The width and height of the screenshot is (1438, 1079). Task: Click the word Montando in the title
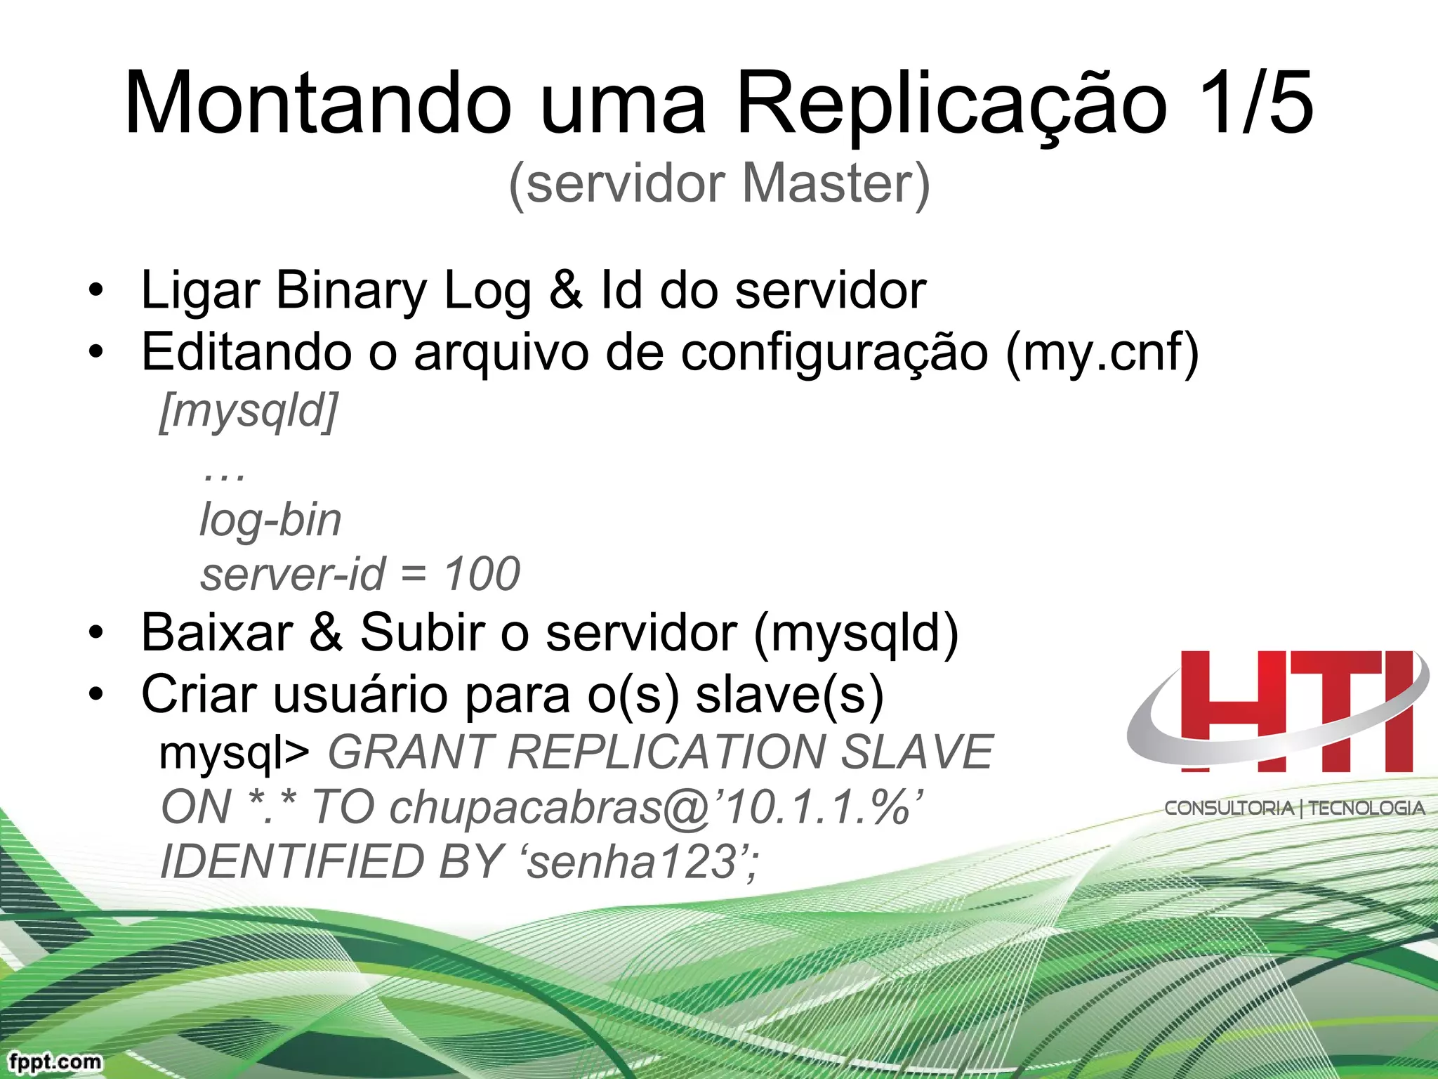point(317,103)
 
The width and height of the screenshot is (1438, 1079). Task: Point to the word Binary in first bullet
point(351,290)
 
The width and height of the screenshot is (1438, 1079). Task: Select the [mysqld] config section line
point(249,410)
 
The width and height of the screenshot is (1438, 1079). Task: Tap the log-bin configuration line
point(270,520)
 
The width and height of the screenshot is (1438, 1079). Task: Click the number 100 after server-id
point(482,573)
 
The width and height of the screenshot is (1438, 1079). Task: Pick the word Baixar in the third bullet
point(217,632)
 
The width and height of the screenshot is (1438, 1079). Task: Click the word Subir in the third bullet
point(422,632)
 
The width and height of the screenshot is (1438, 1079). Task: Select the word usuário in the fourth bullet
point(360,694)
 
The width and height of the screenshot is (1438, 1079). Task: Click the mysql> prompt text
point(234,753)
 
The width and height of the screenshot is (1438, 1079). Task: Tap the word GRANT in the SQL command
point(409,752)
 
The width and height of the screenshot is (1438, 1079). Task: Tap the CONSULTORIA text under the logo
point(1229,808)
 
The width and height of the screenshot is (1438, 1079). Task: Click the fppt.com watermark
point(55,1061)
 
